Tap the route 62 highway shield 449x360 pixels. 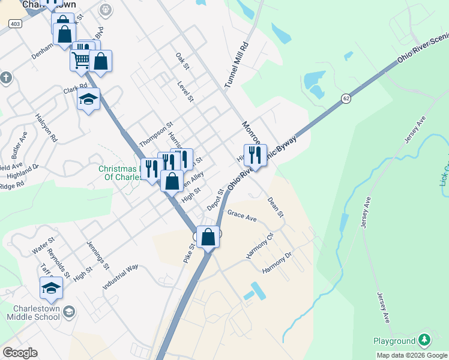[346, 98]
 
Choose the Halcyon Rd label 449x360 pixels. [46, 128]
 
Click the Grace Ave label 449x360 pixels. [242, 216]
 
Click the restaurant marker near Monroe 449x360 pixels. [255, 155]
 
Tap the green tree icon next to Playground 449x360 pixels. [425, 341]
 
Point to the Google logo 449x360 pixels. [20, 353]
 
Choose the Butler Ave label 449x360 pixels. [22, 144]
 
